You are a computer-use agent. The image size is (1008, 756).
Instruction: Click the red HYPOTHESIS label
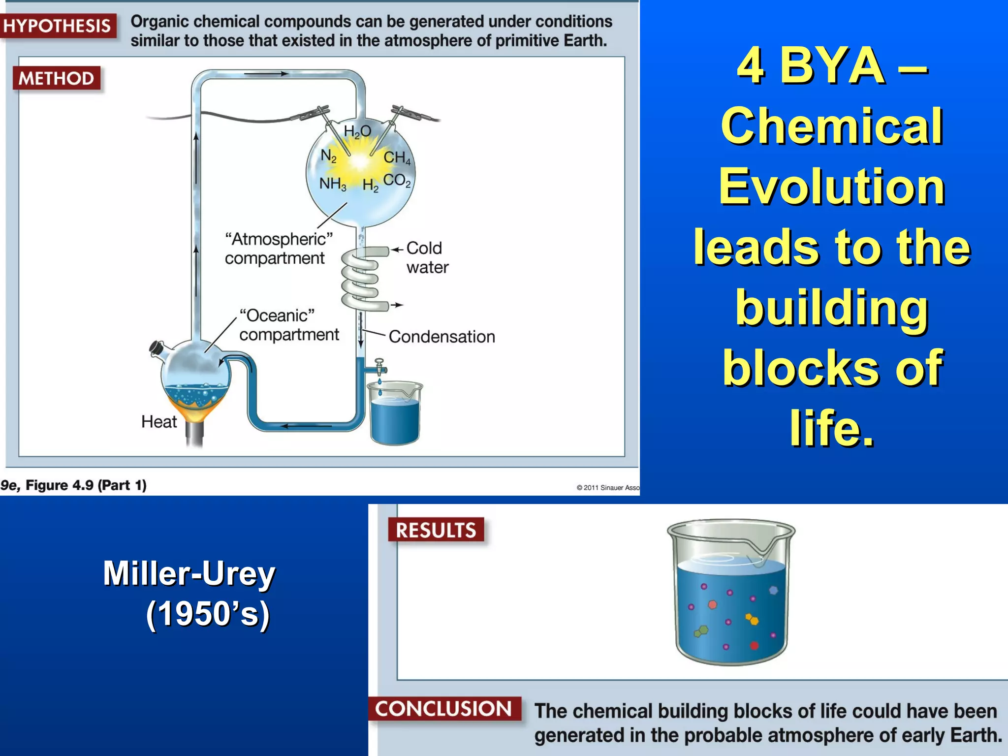(x=57, y=26)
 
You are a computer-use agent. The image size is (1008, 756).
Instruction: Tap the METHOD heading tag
(x=56, y=78)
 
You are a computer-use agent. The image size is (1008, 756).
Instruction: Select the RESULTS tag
(x=436, y=530)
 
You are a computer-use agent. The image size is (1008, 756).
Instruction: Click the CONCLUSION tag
(x=444, y=709)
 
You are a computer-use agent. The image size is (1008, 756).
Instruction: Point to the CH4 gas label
(x=397, y=157)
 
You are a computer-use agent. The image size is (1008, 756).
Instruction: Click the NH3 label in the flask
(x=333, y=184)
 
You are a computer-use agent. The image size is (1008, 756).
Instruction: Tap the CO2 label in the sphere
(x=397, y=181)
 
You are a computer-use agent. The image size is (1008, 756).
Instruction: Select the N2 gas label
(x=328, y=156)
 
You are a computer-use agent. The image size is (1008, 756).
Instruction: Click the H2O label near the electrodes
(x=357, y=131)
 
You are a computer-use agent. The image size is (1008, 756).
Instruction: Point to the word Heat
(x=158, y=422)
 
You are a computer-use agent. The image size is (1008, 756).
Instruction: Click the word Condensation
(x=441, y=337)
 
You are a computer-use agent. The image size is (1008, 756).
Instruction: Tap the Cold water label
(x=427, y=257)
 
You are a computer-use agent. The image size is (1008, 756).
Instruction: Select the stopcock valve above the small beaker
(x=379, y=367)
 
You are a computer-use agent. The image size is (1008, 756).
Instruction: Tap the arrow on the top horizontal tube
(x=266, y=74)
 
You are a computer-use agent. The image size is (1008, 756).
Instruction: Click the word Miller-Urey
(x=189, y=573)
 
